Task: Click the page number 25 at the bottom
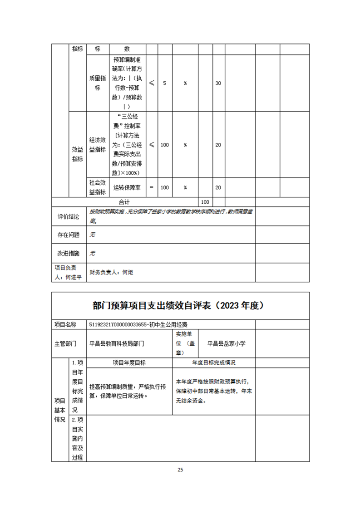click(x=180, y=470)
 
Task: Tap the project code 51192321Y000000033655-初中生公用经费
click(x=139, y=324)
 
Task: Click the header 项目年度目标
click(x=129, y=362)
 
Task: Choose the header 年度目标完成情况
click(x=214, y=362)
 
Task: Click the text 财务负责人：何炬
click(x=112, y=272)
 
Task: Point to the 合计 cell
click(x=124, y=201)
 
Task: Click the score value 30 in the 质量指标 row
click(x=218, y=83)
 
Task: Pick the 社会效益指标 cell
click(x=97, y=187)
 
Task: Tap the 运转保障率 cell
click(x=127, y=187)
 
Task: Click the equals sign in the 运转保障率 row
click(x=152, y=187)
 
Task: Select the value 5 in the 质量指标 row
click(x=164, y=83)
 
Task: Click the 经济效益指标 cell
click(x=97, y=145)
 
